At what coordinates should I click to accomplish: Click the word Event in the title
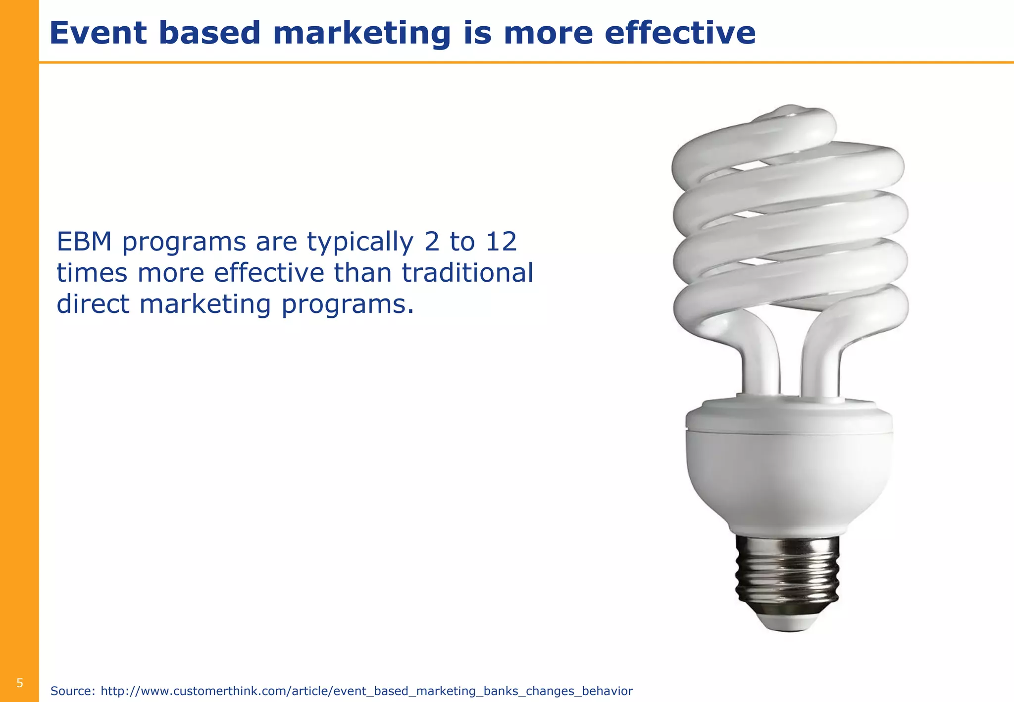tap(98, 33)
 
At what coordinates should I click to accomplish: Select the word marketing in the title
tap(362, 33)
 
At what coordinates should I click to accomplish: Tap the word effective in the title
tap(680, 33)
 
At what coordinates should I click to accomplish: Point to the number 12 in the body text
tap(501, 242)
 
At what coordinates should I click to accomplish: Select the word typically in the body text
tap(359, 243)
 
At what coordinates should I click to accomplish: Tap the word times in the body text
tap(92, 273)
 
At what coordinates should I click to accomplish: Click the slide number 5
tap(20, 683)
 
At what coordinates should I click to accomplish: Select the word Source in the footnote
tap(72, 691)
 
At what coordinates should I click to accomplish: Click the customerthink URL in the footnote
tap(366, 691)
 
